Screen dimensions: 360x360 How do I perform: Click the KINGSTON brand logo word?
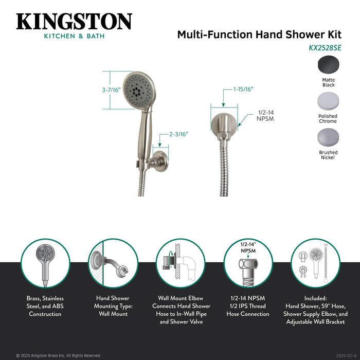[x=74, y=22]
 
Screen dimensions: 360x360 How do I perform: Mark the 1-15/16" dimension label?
[x=243, y=89]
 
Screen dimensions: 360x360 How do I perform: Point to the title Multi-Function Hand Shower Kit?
[x=259, y=34]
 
